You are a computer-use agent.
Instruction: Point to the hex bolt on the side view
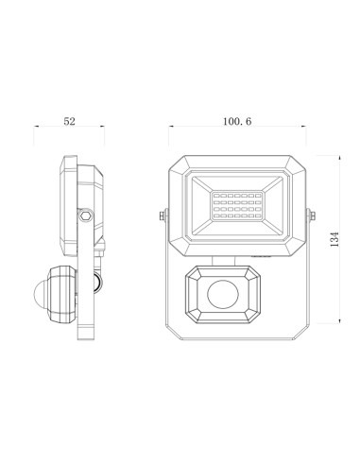pyautogui.click(x=87, y=215)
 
